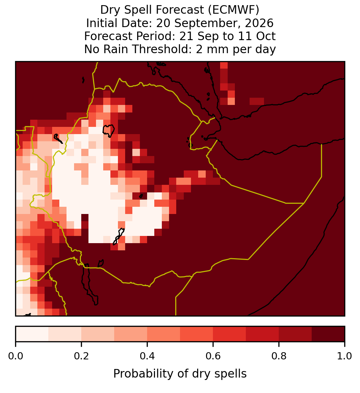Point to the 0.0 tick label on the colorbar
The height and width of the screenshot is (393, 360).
pyautogui.click(x=16, y=356)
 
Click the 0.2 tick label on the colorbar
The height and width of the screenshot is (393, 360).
pyautogui.click(x=81, y=356)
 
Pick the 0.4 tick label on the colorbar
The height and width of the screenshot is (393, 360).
pyautogui.click(x=147, y=356)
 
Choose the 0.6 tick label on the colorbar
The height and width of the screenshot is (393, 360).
pyautogui.click(x=213, y=356)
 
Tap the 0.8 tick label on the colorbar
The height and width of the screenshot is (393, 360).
pyautogui.click(x=279, y=356)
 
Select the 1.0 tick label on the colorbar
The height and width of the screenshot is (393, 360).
pyautogui.click(x=345, y=356)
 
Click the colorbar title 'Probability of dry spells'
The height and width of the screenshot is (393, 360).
pyautogui.click(x=180, y=374)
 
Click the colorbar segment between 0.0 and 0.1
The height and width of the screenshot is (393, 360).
pyautogui.click(x=32, y=334)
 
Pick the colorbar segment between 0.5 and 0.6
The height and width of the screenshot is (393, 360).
pyautogui.click(x=197, y=334)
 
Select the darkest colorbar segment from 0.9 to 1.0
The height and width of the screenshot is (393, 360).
pyautogui.click(x=328, y=334)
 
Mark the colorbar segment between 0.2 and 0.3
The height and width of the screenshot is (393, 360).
pyautogui.click(x=98, y=334)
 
